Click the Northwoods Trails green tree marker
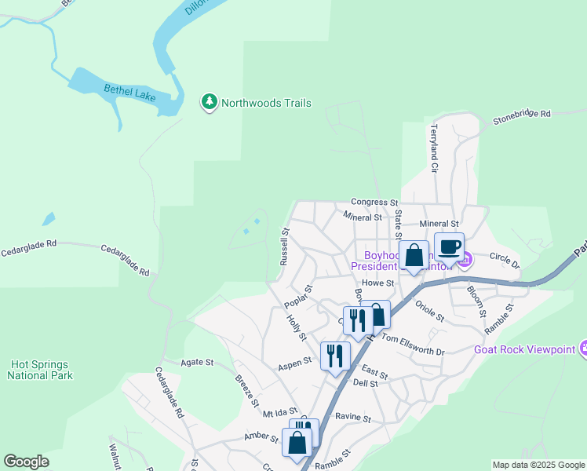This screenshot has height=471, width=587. tap(209, 102)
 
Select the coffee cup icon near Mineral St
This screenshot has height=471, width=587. tap(449, 246)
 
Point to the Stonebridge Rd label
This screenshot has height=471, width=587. tap(522, 118)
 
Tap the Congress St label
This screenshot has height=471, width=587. tap(375, 202)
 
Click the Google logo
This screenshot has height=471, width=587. tap(26, 462)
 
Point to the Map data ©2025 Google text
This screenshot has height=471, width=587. tap(538, 465)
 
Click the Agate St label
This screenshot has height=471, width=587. tap(197, 362)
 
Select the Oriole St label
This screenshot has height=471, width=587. tap(430, 311)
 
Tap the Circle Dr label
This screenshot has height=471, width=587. tap(505, 259)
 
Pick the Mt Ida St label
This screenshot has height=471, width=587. tap(280, 412)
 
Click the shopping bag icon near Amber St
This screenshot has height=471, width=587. tap(297, 443)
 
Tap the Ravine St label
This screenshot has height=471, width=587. tap(352, 418)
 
